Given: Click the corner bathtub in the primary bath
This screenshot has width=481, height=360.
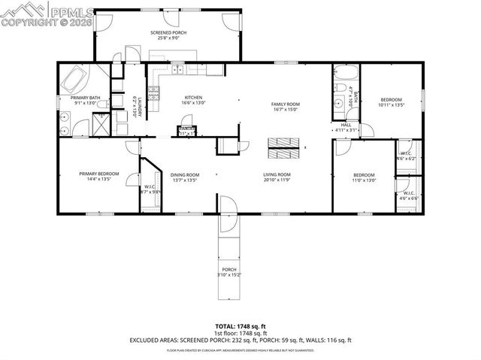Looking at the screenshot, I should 76,79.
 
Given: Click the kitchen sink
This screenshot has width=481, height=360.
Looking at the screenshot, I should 180,71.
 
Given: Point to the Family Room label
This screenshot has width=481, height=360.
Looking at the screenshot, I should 285,104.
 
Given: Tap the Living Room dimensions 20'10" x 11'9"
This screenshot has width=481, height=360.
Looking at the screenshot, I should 277,180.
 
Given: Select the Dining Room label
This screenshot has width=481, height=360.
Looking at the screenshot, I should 184,174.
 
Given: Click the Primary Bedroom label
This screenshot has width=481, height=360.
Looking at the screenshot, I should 94,174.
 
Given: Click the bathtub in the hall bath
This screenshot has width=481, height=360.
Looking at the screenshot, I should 346,74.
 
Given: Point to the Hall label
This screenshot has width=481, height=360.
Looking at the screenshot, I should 346,125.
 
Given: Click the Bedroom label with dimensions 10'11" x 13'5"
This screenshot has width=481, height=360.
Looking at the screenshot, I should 390,100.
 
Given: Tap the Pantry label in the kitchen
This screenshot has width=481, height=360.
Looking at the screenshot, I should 186,129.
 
